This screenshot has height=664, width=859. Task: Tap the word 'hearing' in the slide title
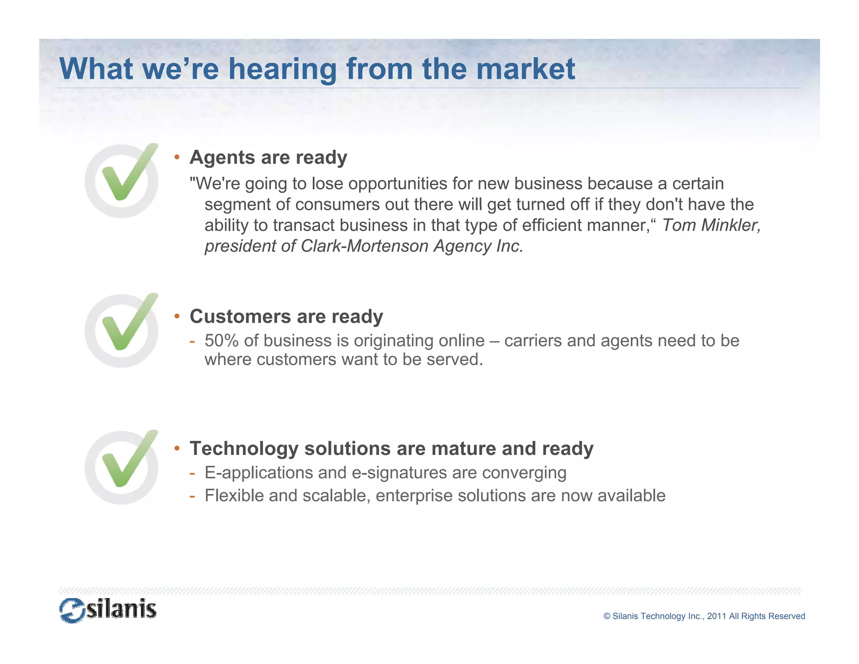[282, 70]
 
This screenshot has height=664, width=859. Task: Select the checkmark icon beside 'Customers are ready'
[122, 330]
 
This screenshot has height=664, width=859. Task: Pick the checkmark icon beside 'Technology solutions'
[122, 467]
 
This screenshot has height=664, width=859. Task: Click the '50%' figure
[221, 340]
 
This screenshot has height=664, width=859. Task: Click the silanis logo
[108, 610]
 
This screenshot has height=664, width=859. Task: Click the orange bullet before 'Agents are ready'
[177, 157]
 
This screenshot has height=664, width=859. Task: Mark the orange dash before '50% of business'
[192, 341]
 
